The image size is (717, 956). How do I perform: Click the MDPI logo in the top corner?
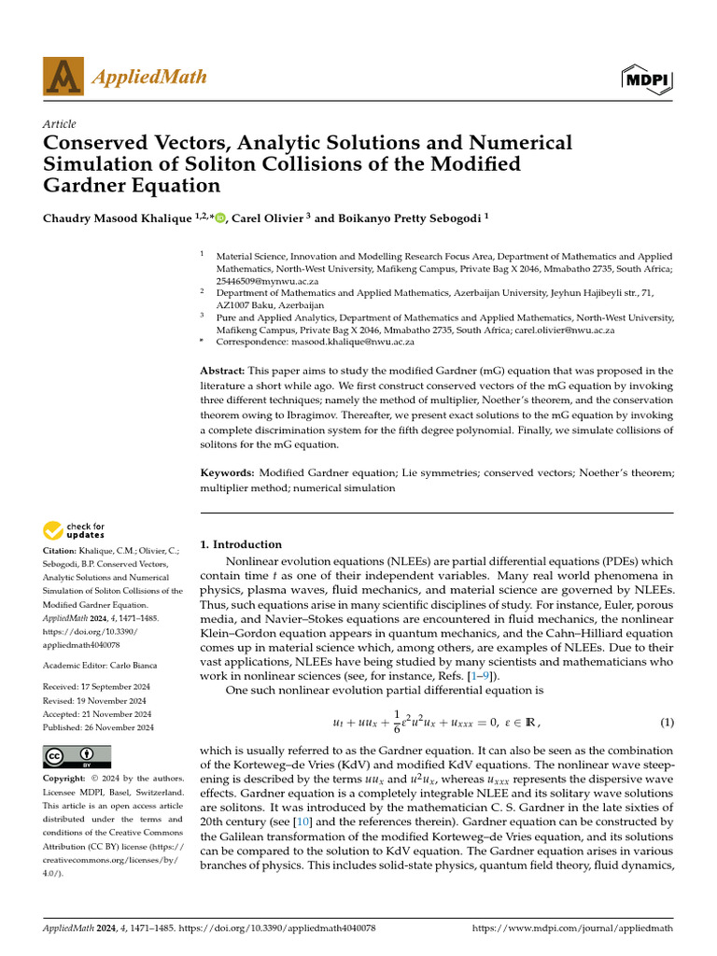[647, 79]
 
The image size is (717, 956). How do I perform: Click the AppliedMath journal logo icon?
[63, 77]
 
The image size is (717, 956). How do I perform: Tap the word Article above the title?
[60, 124]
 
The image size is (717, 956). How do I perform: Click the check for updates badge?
[75, 531]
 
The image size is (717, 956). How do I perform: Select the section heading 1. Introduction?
[242, 544]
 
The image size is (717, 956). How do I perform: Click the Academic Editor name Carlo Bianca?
[135, 665]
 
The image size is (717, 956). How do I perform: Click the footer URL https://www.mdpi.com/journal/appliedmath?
[573, 930]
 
